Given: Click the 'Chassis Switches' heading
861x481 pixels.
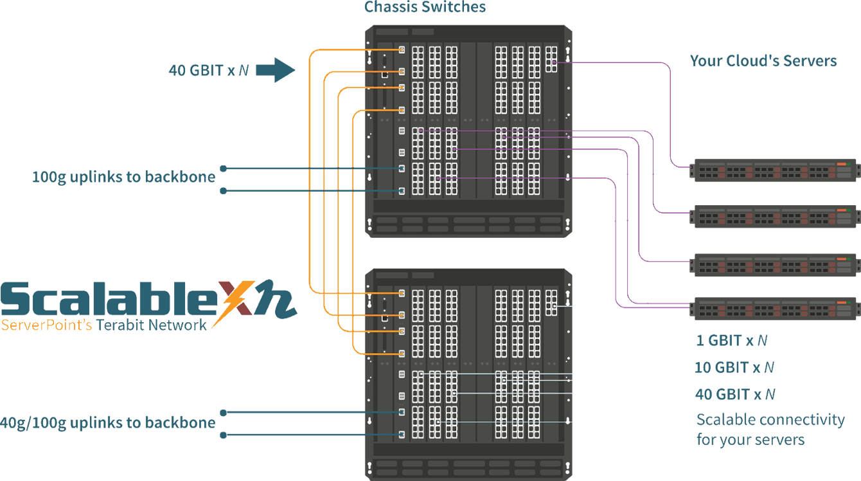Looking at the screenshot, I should pyautogui.click(x=425, y=8).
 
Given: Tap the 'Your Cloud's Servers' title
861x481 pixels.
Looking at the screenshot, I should pyautogui.click(x=763, y=61).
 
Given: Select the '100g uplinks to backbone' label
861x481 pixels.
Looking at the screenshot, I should pyautogui.click(x=123, y=177).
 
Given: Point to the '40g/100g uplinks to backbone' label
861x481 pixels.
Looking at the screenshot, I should pyautogui.click(x=107, y=422).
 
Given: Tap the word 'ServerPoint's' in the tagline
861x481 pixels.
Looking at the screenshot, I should pyautogui.click(x=46, y=325).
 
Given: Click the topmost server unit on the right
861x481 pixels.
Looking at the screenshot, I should pyautogui.click(x=774, y=172).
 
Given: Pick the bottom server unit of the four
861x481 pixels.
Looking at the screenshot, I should pyautogui.click(x=774, y=309).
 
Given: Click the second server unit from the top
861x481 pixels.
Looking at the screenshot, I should pyautogui.click(x=774, y=216).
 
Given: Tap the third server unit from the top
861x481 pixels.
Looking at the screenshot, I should pyautogui.click(x=774, y=266).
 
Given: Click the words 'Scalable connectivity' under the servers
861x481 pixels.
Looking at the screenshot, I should pyautogui.click(x=770, y=420).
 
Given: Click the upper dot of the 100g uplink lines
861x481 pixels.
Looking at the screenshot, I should pyautogui.click(x=223, y=168).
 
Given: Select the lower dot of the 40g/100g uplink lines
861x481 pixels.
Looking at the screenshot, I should pyautogui.click(x=223, y=435).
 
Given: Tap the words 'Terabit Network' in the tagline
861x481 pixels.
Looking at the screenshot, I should pyautogui.click(x=152, y=325).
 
